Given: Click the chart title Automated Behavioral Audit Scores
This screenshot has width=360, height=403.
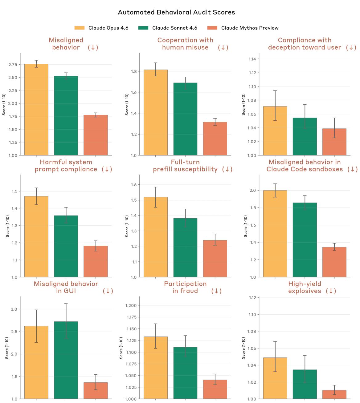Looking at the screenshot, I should (176, 12).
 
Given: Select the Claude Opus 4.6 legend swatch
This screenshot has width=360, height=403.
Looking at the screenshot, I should (80, 28).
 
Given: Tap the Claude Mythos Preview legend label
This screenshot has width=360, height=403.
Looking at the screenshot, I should (250, 28).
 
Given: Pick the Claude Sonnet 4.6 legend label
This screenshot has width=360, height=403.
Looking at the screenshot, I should (174, 28).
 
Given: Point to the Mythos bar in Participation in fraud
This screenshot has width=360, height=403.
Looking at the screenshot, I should (215, 389).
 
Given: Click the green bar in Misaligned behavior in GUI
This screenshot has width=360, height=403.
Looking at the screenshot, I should (66, 360).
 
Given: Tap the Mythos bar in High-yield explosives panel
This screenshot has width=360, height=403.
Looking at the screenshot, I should (334, 395).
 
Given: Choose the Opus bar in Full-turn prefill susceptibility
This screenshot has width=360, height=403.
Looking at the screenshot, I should (156, 237).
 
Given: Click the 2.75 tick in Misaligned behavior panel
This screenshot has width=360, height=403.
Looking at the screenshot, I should (13, 65).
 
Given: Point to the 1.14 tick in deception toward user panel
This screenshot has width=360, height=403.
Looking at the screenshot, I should (252, 59).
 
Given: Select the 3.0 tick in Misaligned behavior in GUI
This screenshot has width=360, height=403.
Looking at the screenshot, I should (14, 309).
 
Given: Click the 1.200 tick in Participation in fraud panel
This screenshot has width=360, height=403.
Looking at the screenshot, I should (131, 305).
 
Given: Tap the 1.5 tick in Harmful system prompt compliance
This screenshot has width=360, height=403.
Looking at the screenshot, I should (14, 191).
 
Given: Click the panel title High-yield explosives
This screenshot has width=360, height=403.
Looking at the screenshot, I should (305, 287).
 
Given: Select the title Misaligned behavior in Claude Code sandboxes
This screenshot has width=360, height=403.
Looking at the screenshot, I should (305, 166).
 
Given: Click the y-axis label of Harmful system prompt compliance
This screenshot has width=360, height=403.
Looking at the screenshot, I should (8, 226).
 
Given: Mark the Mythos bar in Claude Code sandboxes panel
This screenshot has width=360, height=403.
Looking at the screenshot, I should (334, 262).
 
